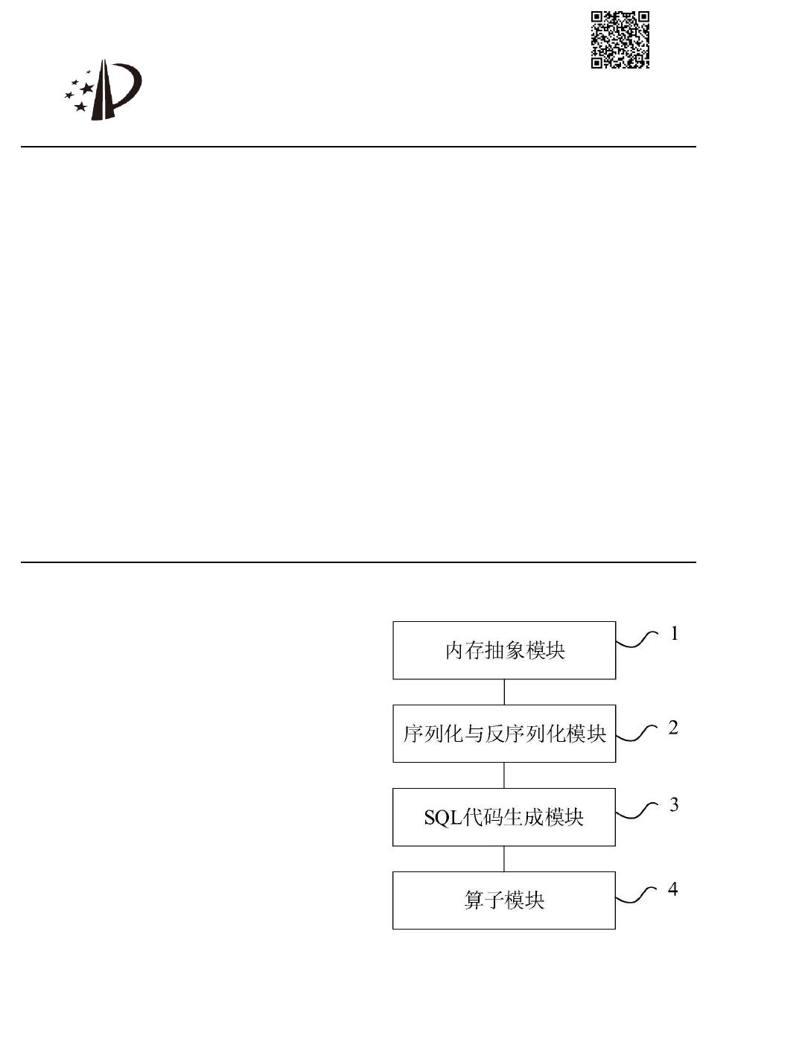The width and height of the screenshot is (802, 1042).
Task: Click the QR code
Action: point(620,39)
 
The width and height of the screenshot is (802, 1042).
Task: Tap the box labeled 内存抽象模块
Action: point(504,650)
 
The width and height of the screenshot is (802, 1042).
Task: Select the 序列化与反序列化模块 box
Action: point(504,734)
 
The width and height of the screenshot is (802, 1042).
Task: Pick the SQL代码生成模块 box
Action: point(504,817)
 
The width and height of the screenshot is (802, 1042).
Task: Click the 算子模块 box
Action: point(504,900)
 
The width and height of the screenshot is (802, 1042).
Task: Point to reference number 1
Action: point(675,634)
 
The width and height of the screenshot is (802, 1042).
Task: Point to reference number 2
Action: point(673,728)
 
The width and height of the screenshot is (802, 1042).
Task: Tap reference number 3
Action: point(674,805)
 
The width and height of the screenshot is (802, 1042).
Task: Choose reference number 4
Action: point(673,889)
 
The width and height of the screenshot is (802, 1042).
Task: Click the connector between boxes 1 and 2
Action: point(504,692)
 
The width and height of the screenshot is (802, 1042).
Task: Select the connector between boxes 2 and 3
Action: point(504,775)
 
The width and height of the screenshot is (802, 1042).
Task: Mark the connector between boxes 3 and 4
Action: point(504,859)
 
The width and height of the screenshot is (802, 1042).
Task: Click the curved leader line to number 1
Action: point(637,641)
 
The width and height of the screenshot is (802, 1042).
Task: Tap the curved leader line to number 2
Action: point(637,733)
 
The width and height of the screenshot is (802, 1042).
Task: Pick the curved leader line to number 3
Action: point(637,811)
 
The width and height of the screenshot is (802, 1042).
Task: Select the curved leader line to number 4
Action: point(637,895)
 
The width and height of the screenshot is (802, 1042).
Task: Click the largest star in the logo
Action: point(87,89)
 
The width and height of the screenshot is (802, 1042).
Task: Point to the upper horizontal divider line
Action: point(357,147)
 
